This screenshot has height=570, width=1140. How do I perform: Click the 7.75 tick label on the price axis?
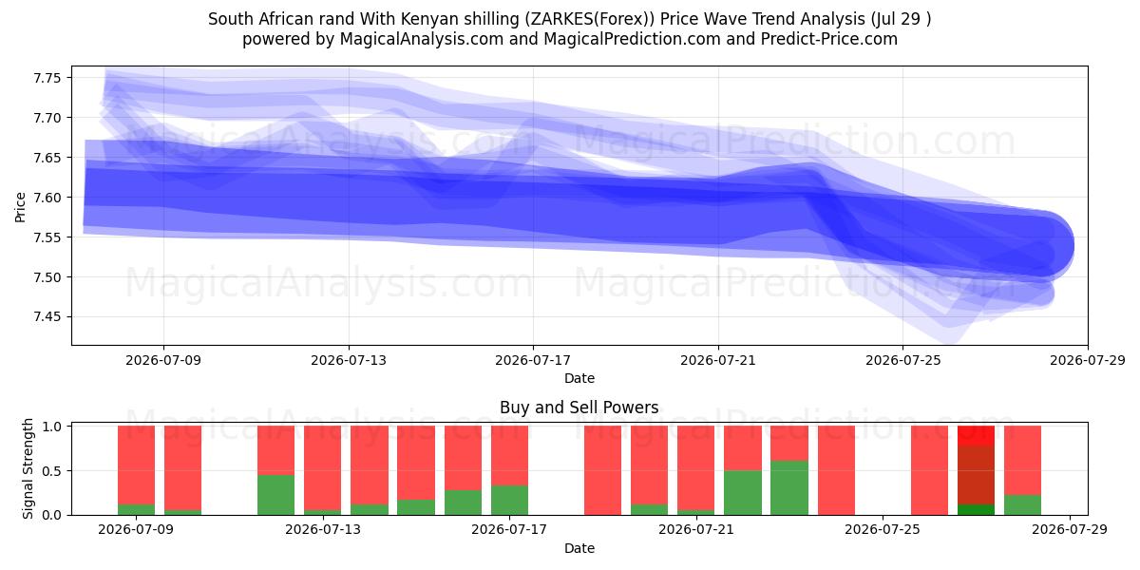pyautogui.click(x=47, y=78)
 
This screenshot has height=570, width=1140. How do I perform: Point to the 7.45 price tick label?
pyautogui.click(x=47, y=317)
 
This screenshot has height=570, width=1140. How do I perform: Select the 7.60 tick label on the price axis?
pyautogui.click(x=47, y=198)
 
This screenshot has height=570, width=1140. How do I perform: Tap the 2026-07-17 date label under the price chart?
pyautogui.click(x=533, y=360)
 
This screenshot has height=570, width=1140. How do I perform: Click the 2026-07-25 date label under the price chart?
pyautogui.click(x=903, y=360)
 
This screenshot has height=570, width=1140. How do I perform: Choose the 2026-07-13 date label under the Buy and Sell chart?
pyautogui.click(x=323, y=529)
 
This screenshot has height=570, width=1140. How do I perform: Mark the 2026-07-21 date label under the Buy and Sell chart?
pyautogui.click(x=696, y=529)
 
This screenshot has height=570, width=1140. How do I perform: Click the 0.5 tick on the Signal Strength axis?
pyautogui.click(x=51, y=471)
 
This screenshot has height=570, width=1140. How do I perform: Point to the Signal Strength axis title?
pyautogui.click(x=28, y=468)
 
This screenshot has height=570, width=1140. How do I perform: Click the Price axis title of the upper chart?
pyautogui.click(x=20, y=207)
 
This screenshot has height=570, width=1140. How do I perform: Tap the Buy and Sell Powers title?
pyautogui.click(x=579, y=408)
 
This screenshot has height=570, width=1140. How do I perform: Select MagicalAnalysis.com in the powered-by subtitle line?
pyautogui.click(x=422, y=39)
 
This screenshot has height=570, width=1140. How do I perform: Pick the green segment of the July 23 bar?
pyautogui.click(x=789, y=487)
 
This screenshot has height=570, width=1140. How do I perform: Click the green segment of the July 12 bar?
pyautogui.click(x=275, y=495)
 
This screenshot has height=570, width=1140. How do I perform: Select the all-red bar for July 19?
pyautogui.click(x=602, y=470)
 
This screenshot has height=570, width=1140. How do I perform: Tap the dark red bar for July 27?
pyautogui.click(x=977, y=475)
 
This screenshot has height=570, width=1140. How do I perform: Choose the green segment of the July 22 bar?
pyautogui.click(x=743, y=493)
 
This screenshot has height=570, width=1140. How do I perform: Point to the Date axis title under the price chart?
pyautogui.click(x=579, y=378)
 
